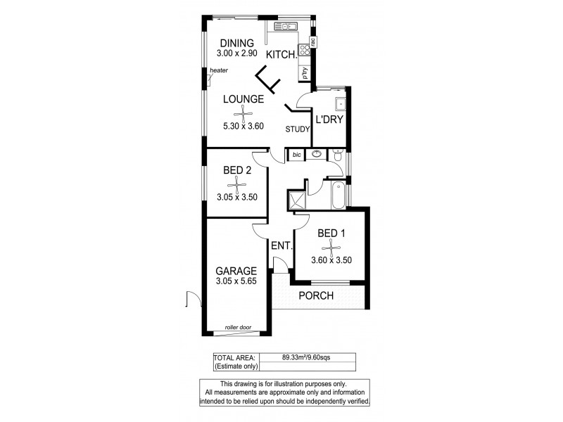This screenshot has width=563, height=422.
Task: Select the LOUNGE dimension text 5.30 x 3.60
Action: coord(243,127)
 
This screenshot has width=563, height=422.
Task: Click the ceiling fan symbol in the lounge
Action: coord(243,113)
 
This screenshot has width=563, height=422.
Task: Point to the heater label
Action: coord(218,70)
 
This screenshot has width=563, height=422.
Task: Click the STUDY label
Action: coord(297,129)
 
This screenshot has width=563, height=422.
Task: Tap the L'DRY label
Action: coord(329,120)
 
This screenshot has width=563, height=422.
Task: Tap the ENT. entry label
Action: coord(281,247)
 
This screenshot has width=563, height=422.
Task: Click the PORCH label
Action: coord(316,295)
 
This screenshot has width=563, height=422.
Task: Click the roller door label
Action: coord(238,328)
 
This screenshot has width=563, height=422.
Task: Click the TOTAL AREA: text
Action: coord(235,357)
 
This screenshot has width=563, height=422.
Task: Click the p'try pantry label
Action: coord(307,72)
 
